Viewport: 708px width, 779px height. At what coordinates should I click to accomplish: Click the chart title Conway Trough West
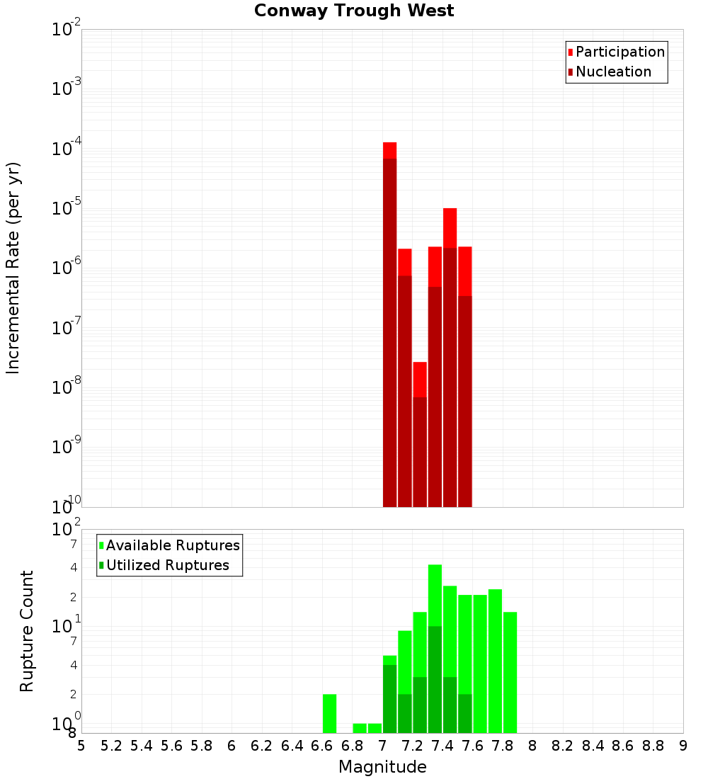(354, 11)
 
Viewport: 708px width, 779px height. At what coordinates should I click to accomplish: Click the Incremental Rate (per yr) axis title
(13, 268)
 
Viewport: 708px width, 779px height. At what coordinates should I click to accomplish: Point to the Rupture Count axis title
(27, 631)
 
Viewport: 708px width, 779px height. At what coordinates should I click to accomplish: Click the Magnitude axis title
(382, 767)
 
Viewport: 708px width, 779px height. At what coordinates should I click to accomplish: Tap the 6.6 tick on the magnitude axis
(322, 746)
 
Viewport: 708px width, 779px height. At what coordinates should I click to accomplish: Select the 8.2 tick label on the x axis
(563, 746)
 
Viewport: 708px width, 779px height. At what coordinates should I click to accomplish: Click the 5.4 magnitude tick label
(142, 746)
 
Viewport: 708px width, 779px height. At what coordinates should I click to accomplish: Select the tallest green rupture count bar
(435, 648)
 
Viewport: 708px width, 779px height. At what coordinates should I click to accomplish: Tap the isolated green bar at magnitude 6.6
(329, 713)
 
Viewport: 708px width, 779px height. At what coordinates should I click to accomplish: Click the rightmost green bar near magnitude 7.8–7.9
(510, 672)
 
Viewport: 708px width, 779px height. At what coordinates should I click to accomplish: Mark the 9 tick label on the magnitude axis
(683, 746)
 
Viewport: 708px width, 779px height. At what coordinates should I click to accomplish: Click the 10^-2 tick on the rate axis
(67, 30)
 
